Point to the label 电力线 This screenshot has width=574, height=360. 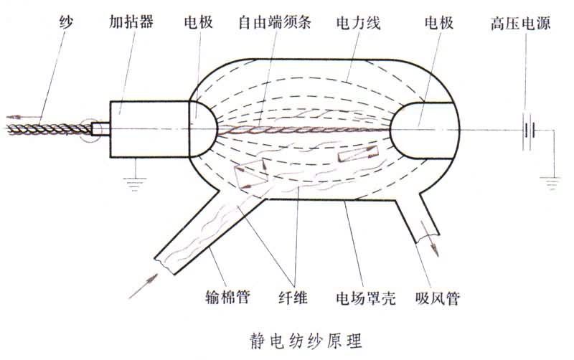(x=357, y=23)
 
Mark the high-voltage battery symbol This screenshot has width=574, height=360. (x=530, y=130)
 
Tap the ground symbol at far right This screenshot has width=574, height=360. (x=553, y=183)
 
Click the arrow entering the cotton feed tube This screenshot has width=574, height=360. (x=141, y=285)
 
